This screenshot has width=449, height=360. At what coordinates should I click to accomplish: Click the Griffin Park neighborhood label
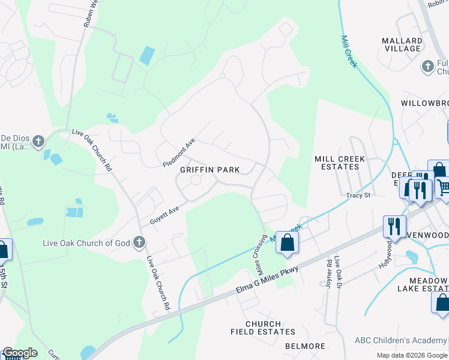pos(210,170)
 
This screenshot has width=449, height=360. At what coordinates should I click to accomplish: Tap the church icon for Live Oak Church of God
pos(139,242)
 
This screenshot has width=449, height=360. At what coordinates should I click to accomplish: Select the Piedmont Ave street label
pos(179,153)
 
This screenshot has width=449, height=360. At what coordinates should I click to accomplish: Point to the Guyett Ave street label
pos(165,214)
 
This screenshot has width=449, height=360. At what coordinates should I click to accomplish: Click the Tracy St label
pos(358,195)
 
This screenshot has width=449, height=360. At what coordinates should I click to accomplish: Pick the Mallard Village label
pos(402,44)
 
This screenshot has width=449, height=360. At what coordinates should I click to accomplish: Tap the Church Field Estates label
pos(263,328)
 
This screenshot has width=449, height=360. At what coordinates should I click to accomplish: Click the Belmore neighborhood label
pos(305,346)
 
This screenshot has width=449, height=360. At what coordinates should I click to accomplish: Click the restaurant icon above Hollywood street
pos(394,226)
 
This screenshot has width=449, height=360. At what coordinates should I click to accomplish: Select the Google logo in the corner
pos(19,353)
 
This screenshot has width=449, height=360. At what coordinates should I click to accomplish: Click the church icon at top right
pos(427,67)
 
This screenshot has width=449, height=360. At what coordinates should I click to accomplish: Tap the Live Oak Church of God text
pos(86,243)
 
